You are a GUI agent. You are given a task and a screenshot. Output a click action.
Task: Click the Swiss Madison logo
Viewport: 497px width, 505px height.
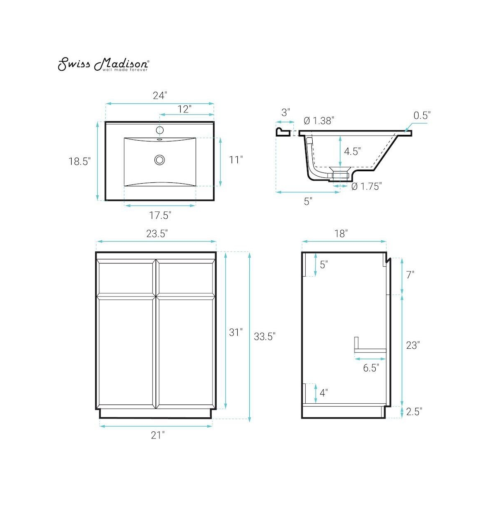[x=103, y=65]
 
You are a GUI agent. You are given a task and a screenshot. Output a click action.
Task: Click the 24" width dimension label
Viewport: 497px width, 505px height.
[x=160, y=96]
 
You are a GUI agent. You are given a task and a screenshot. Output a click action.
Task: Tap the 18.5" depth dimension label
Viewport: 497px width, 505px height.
[x=79, y=161]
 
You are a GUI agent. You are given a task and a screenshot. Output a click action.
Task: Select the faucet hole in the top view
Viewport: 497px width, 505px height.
[x=160, y=130]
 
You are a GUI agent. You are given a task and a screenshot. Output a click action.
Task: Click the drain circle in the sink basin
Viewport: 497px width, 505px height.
[x=159, y=160]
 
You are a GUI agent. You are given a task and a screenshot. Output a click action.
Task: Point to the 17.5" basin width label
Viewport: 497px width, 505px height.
[x=160, y=215]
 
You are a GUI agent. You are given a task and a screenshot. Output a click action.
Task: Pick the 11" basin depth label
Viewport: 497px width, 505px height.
[x=236, y=160]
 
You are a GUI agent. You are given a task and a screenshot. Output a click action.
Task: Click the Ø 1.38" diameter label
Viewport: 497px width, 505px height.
[x=318, y=121]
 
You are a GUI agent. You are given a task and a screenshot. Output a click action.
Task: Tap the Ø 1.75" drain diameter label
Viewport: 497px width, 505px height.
[x=366, y=187]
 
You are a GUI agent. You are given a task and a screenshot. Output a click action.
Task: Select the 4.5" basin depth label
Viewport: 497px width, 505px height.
[x=352, y=151]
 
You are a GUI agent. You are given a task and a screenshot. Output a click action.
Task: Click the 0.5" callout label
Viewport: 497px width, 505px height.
[x=422, y=115]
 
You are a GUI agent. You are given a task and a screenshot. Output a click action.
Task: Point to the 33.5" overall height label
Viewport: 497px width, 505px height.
[x=265, y=336]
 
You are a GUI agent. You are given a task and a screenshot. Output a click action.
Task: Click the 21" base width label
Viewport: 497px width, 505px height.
[x=157, y=435]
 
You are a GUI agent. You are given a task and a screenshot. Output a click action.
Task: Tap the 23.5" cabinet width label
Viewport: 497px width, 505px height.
[x=157, y=234]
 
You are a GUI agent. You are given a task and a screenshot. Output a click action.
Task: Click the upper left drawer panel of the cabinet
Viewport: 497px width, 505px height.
[x=126, y=277]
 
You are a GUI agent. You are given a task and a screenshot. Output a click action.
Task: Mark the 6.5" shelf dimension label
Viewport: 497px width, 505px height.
[x=371, y=368]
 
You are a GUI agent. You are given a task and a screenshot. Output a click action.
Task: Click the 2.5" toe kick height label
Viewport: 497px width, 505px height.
[x=413, y=412]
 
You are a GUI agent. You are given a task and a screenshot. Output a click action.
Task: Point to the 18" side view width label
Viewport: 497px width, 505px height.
[x=340, y=234]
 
